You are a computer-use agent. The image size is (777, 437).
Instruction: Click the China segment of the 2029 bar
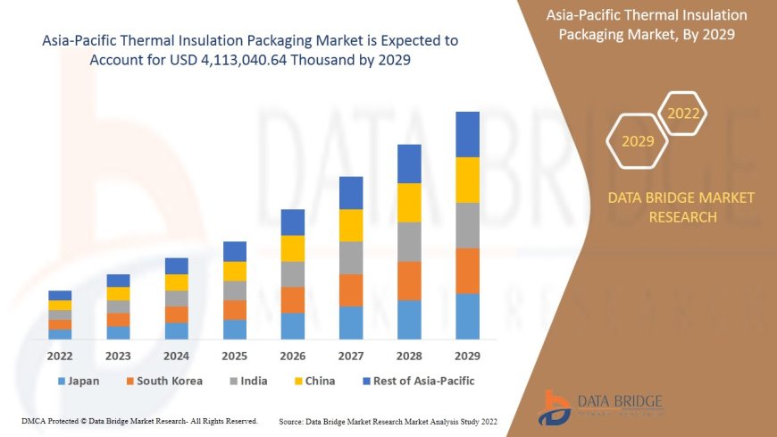[467, 180]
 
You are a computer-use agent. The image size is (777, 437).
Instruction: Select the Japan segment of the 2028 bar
[409, 319]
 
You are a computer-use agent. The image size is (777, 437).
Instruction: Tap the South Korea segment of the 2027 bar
[351, 290]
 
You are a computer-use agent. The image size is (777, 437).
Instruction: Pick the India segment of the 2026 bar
[293, 273]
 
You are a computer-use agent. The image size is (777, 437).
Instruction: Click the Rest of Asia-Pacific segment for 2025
[235, 251]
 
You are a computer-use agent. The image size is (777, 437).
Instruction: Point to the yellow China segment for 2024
[177, 282]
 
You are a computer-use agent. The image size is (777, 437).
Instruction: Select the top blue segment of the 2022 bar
[60, 295]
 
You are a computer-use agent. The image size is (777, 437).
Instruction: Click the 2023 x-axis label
[118, 355]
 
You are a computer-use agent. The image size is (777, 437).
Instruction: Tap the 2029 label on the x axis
[467, 355]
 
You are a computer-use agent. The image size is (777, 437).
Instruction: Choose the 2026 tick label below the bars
[293, 355]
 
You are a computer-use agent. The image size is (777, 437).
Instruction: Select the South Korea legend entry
[163, 381]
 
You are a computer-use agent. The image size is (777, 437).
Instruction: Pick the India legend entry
[247, 381]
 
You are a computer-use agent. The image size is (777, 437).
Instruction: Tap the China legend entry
[313, 381]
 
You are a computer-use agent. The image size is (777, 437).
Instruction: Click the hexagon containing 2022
[683, 113]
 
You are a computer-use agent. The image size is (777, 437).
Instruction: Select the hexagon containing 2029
[638, 141]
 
